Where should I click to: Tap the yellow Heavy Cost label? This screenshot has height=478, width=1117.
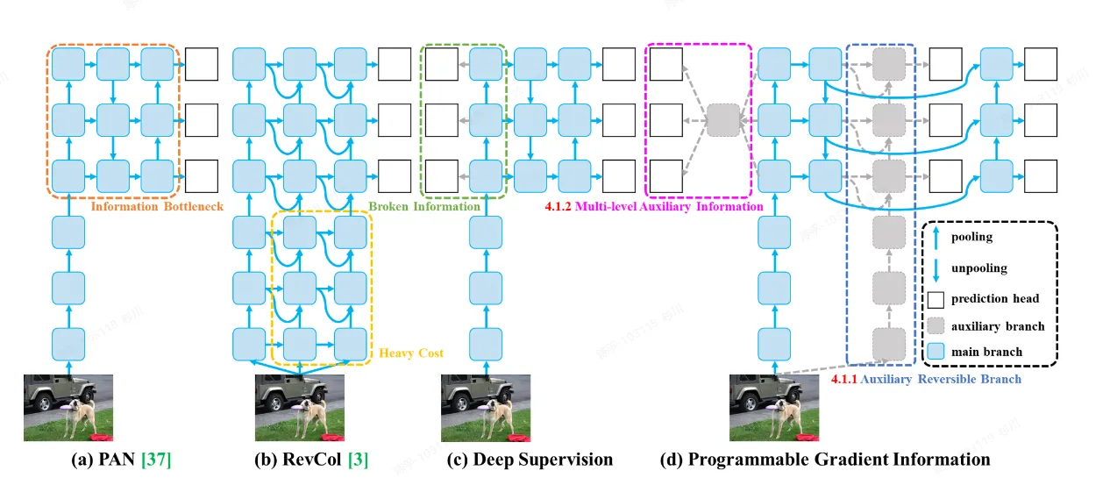pyautogui.click(x=412, y=353)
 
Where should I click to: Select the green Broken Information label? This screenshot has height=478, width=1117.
pyautogui.click(x=424, y=207)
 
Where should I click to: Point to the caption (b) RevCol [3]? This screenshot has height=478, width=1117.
pyautogui.click(x=300, y=460)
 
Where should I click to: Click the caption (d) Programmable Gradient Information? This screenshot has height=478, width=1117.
pyautogui.click(x=825, y=460)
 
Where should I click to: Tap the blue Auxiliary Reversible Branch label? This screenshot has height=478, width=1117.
pyautogui.click(x=941, y=380)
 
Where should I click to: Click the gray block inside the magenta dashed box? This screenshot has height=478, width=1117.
pyautogui.click(x=723, y=119)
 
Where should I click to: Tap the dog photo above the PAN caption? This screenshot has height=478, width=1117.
pyautogui.click(x=68, y=407)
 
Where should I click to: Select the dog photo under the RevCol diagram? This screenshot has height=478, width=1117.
pyautogui.click(x=299, y=407)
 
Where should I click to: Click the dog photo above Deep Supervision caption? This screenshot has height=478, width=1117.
pyautogui.click(x=484, y=407)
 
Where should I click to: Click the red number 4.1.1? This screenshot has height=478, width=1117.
pyautogui.click(x=844, y=380)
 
